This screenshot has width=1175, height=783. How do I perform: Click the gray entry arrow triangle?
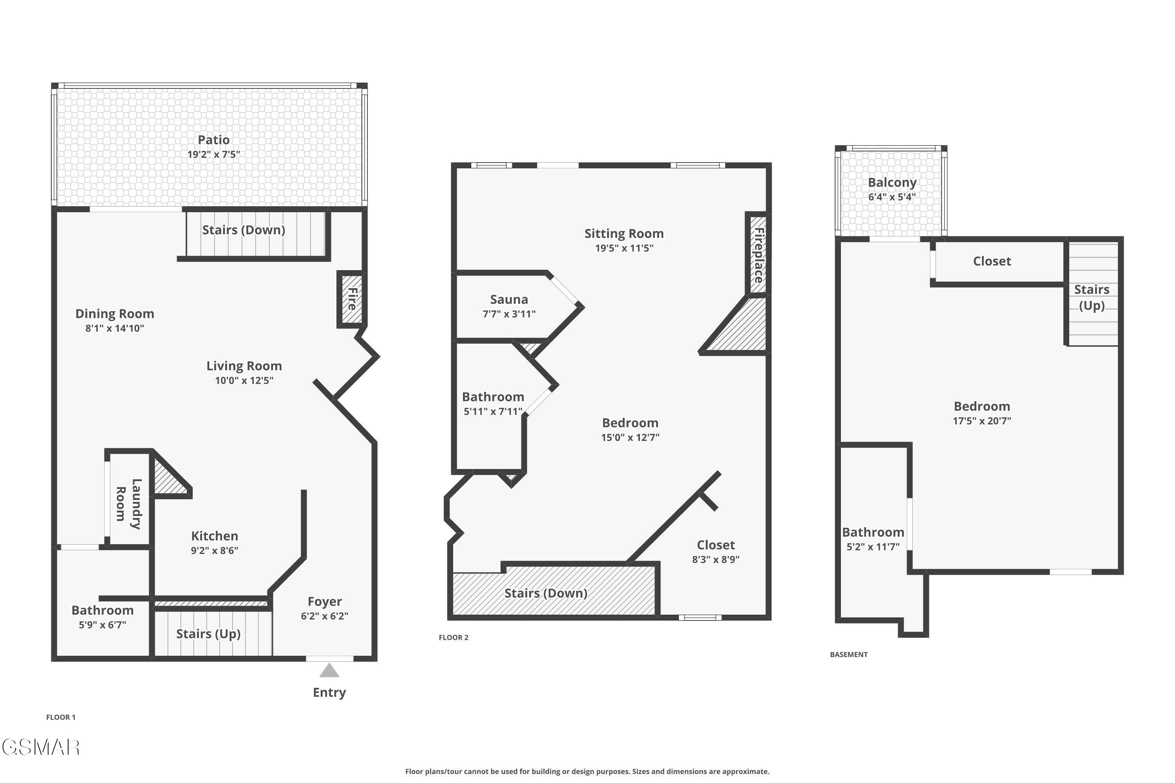point(329,671)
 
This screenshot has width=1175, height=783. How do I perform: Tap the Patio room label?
point(214,140)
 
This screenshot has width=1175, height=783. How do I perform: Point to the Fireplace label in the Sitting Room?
point(758,255)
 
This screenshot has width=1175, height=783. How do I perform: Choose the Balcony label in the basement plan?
point(892,183)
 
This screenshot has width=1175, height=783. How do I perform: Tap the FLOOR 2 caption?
point(454,637)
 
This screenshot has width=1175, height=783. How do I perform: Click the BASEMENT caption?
point(848,654)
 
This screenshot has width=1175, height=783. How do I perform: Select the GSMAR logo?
point(41,747)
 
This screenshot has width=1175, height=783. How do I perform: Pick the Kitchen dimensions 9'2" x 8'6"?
point(214,551)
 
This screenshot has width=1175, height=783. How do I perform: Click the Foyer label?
point(325,601)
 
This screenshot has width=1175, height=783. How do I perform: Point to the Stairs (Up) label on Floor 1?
point(208,634)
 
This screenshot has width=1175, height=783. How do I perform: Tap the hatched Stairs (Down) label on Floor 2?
point(546,593)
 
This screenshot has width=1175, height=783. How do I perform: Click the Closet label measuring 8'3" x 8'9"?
point(716,545)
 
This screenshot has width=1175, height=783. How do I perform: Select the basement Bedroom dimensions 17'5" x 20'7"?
point(981,421)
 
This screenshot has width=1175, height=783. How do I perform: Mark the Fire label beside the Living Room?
point(352,299)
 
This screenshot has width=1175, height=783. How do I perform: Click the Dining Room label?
point(114,314)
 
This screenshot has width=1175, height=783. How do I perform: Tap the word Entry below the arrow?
point(329,692)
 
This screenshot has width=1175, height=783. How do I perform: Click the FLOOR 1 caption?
point(61,717)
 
